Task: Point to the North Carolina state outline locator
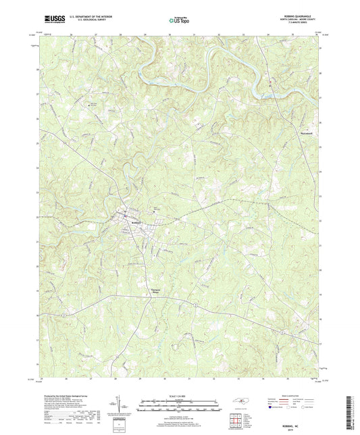[x=241, y=403]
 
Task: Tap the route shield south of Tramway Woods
[x=196, y=305]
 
